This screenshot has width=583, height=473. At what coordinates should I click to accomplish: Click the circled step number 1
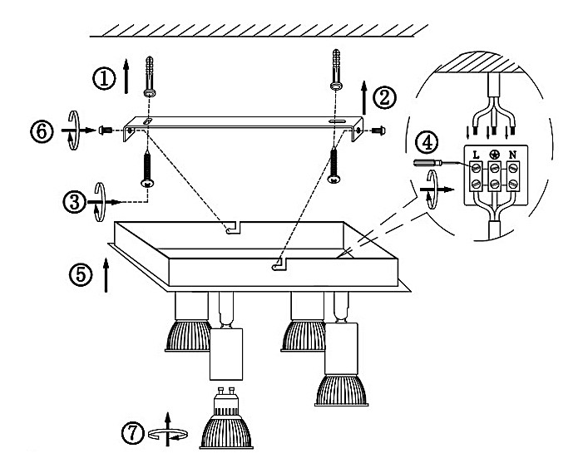[104, 78]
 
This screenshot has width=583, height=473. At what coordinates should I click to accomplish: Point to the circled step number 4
[425, 142]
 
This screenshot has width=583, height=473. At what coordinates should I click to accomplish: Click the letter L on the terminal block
[475, 155]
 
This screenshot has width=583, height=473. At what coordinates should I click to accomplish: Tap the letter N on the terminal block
[512, 155]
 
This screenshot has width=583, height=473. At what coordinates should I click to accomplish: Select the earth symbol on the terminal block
[494, 155]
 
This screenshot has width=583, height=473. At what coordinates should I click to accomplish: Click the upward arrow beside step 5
[107, 273]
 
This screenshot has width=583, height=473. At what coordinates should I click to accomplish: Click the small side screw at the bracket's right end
[378, 131]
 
